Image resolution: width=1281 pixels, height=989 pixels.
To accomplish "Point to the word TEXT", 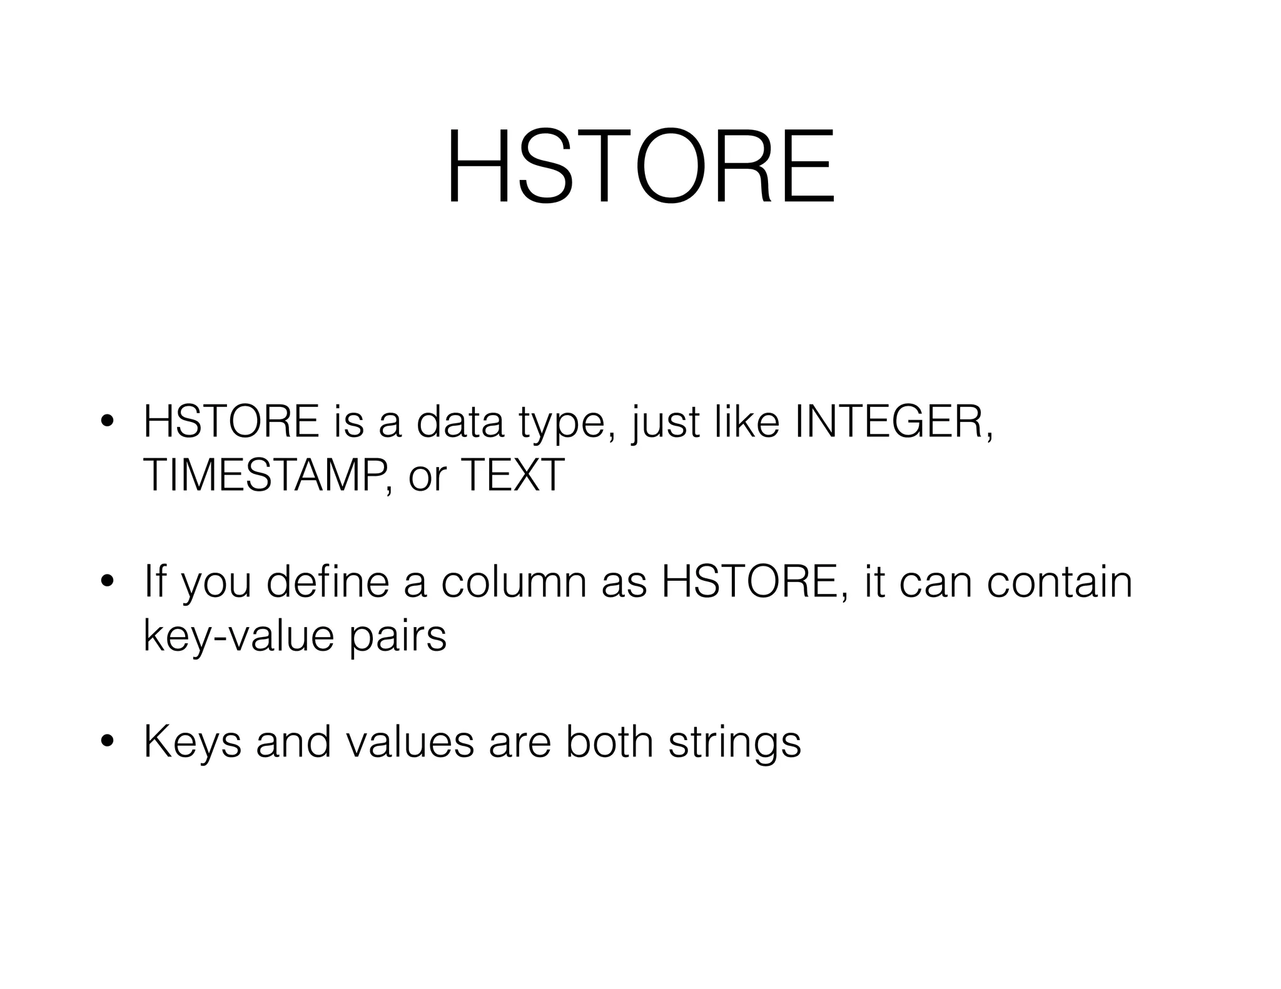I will click(512, 474).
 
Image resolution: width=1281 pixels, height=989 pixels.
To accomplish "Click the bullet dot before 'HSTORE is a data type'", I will click(108, 422).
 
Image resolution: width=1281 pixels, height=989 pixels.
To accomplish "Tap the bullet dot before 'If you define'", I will click(108, 581).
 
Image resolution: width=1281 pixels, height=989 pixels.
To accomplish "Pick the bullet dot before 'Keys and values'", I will click(108, 741).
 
